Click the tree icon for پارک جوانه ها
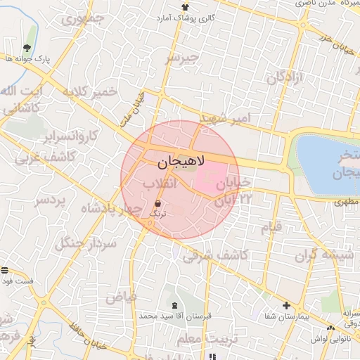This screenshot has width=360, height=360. pyautogui.click(x=27, y=48)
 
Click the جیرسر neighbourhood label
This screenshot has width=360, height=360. pyautogui.click(x=182, y=58)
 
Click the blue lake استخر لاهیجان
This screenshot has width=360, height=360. pyautogui.click(x=327, y=165)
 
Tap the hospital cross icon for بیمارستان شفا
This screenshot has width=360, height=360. pyautogui.click(x=285, y=306)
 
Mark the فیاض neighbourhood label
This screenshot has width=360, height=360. pyautogui.click(x=122, y=298)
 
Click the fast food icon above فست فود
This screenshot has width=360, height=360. pyautogui.click(x=6, y=271)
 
